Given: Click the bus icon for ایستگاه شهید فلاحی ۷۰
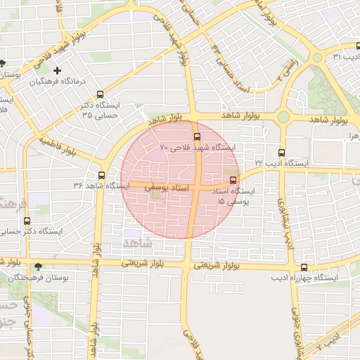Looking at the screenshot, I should (x=196, y=136).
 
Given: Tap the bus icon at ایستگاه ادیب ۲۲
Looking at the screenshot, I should (x=281, y=152).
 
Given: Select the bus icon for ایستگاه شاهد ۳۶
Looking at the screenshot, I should (x=102, y=175).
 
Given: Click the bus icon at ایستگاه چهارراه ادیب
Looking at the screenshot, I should (x=304, y=267).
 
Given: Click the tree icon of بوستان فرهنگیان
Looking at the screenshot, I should (x=38, y=267).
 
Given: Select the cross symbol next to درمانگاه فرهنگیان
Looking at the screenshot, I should (x=57, y=70).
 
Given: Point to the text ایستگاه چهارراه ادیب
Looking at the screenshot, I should (x=304, y=278).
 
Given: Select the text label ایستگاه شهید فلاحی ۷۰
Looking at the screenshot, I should (x=196, y=148).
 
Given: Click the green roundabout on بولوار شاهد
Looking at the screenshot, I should (x=283, y=117).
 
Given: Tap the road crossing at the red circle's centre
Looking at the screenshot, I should (x=193, y=188).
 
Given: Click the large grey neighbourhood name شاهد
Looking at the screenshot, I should (x=136, y=242).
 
